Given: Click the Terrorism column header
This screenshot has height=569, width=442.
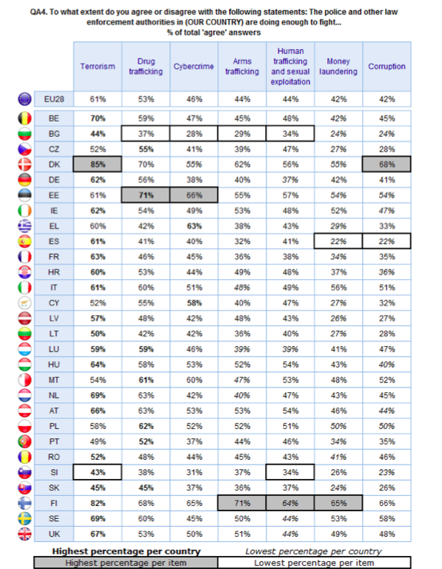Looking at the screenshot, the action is (98, 66).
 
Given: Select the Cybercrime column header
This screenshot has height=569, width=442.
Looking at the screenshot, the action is (194, 66).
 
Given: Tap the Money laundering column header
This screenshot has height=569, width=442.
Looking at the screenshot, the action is (338, 66).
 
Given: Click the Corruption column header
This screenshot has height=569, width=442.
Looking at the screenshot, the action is (387, 66).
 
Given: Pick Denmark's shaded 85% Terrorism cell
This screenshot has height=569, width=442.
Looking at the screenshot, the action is (98, 165).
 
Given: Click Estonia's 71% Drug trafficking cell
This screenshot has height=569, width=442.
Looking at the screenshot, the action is (146, 195).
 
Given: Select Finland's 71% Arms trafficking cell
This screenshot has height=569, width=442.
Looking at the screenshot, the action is (242, 503).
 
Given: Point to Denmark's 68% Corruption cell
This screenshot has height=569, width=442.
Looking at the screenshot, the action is (387, 165).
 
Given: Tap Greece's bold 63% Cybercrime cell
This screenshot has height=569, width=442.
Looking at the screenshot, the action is (194, 226).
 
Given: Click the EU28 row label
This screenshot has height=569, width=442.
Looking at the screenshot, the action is (54, 99).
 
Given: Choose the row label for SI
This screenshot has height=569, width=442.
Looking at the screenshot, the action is (54, 472).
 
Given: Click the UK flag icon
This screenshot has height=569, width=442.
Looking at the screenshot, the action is (25, 534).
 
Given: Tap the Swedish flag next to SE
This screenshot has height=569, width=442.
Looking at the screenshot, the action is (25, 518).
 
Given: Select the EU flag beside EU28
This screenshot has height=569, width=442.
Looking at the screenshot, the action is (25, 99).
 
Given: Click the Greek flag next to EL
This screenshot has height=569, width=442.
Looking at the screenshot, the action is (25, 226).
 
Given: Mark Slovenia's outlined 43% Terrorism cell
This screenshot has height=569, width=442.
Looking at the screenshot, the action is (98, 472).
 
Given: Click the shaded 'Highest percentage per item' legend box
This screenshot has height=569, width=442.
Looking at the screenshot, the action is (126, 563).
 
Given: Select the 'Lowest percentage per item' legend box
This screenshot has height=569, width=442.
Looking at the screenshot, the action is (314, 563).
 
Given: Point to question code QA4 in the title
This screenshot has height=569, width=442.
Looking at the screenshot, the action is (38, 12).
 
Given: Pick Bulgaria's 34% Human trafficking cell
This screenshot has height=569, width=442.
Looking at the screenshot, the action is (291, 134).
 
